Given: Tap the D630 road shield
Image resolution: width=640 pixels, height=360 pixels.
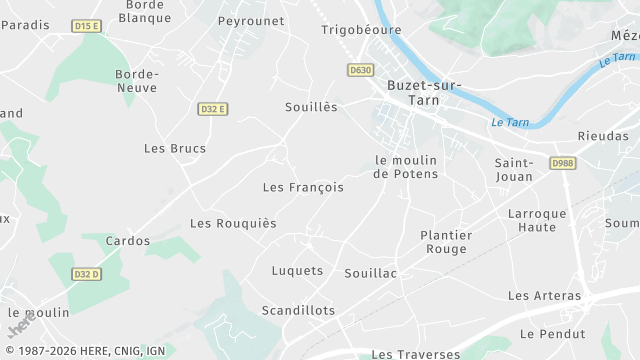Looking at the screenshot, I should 361,70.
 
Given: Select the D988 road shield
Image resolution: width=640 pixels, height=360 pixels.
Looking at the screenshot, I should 562,162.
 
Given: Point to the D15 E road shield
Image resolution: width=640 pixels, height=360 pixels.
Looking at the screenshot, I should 87,25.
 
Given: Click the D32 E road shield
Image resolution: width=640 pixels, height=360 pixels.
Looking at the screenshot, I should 212,109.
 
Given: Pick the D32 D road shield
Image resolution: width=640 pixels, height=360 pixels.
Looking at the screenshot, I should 87,274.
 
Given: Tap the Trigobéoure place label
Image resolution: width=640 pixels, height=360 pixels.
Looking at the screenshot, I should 360,30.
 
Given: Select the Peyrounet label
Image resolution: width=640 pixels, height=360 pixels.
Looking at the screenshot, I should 252,21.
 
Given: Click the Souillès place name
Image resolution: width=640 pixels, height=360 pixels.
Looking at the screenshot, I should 311,107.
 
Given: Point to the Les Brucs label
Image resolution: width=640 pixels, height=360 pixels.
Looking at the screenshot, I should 175,149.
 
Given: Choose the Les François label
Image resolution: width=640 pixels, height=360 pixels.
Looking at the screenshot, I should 303,187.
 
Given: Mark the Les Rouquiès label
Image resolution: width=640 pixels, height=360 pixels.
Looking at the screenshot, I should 233,223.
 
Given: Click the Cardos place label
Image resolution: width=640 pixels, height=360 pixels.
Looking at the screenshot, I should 128,241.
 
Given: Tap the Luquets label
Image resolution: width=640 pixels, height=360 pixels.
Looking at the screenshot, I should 298,271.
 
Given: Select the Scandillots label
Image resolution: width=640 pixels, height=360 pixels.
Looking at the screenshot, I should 298,311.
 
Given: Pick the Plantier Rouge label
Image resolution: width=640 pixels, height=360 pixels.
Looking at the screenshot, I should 446,242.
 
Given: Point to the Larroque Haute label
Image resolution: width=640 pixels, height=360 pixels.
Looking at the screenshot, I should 537,220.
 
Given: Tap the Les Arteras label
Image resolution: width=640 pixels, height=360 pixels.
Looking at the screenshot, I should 544,296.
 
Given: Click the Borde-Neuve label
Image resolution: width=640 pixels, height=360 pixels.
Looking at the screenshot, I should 136,81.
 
